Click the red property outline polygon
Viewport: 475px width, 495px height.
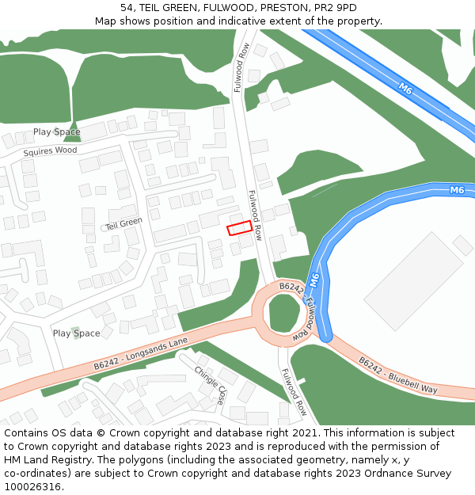[x=240, y=228]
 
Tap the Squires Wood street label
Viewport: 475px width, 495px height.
[x=50, y=150]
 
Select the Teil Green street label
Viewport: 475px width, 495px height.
[x=123, y=224]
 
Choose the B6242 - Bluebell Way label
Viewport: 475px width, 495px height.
[x=397, y=375]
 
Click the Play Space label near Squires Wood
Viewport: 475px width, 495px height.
[x=56, y=131]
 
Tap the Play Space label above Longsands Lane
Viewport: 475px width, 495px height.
[x=76, y=333]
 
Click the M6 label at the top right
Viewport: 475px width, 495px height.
[x=405, y=89]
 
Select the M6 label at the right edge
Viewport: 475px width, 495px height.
[x=456, y=190]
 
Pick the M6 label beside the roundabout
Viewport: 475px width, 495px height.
[x=314, y=280]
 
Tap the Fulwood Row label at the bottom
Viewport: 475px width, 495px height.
[x=292, y=394]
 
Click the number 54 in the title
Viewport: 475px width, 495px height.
[x=127, y=7]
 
